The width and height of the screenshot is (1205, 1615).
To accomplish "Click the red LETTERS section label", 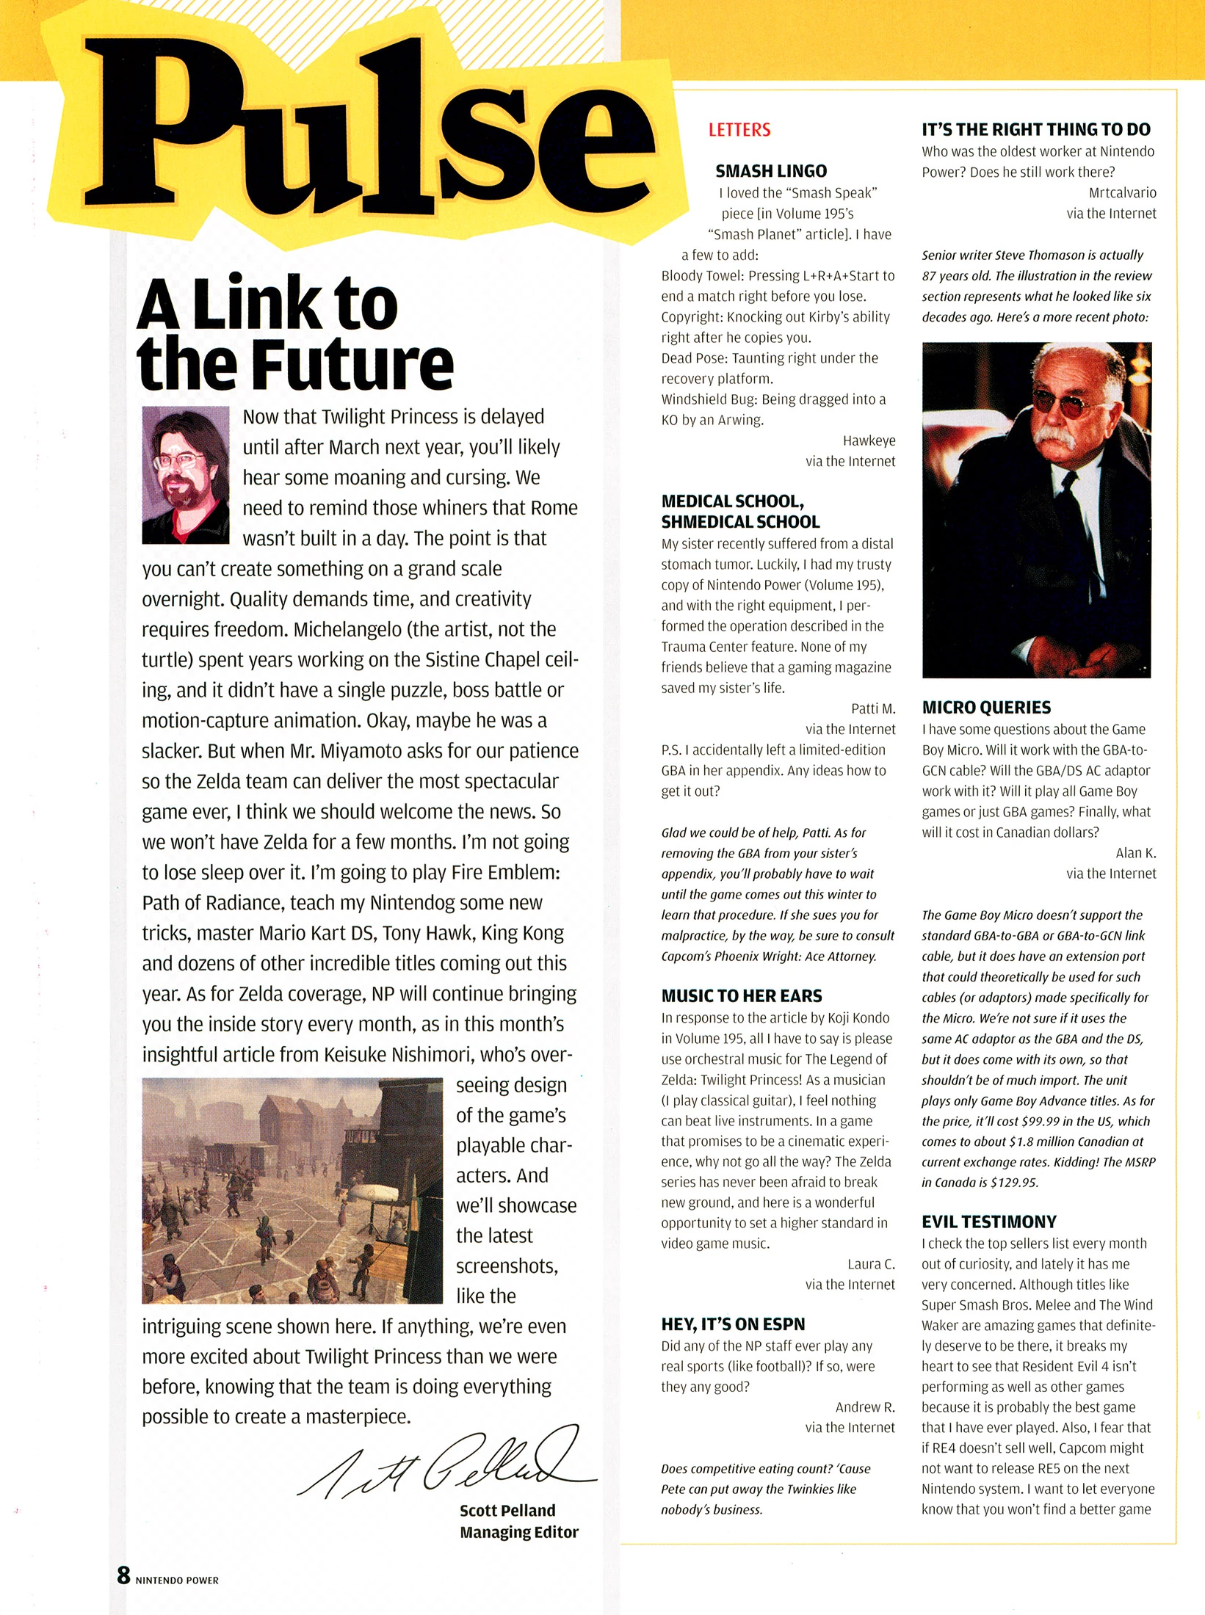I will [x=739, y=130].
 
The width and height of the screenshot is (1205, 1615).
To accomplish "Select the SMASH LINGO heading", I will [x=770, y=171].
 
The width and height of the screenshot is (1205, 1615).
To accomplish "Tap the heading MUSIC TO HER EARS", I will [x=741, y=996].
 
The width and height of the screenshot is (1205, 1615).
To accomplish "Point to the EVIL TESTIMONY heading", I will [x=988, y=1222].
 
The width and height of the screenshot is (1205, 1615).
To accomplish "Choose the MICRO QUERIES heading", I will [x=985, y=708].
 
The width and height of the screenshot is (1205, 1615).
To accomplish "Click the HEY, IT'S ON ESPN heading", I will [x=732, y=1324].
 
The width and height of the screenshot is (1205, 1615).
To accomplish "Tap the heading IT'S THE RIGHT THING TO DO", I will [x=1035, y=130].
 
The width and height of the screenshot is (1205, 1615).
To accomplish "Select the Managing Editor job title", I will [x=518, y=1532].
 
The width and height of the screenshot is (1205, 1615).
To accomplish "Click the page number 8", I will [x=123, y=1575].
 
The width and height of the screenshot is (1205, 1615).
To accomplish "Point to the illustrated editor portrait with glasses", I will [x=186, y=474].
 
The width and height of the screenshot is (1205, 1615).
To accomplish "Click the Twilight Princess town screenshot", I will [x=292, y=1190].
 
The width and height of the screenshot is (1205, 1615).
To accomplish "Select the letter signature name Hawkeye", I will [x=869, y=440].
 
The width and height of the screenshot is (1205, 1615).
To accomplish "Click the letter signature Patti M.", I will [x=872, y=708].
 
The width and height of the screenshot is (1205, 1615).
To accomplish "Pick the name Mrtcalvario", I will [x=1121, y=193].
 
